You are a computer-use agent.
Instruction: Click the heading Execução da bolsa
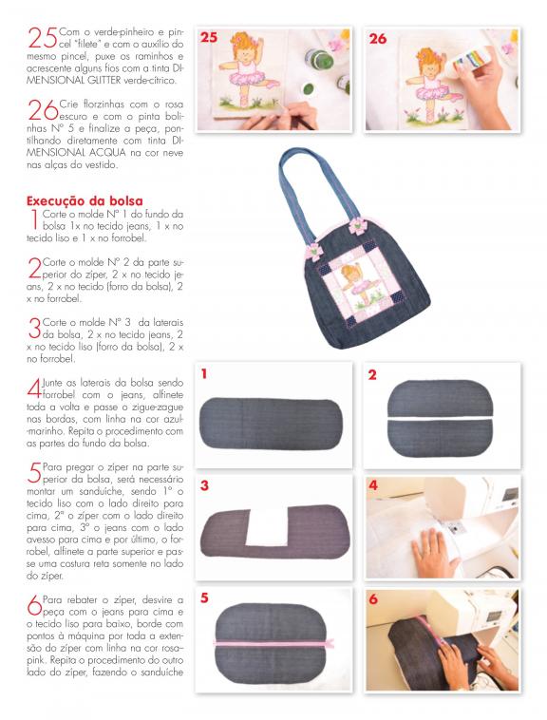click(85, 201)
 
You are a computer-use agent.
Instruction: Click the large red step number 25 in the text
click(43, 37)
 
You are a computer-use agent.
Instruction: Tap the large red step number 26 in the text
click(43, 110)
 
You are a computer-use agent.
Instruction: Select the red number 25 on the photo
click(208, 37)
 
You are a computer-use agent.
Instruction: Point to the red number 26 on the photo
click(378, 39)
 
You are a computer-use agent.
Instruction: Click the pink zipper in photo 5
click(273, 643)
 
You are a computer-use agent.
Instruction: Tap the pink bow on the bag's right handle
click(356, 226)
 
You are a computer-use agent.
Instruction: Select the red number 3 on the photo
click(205, 485)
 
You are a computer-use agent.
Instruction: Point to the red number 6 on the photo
click(373, 598)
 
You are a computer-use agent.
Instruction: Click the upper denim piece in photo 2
click(440, 398)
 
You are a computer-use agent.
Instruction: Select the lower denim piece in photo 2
click(440, 438)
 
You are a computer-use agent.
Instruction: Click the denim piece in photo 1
click(272, 423)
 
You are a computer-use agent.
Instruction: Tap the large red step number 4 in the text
click(34, 389)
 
